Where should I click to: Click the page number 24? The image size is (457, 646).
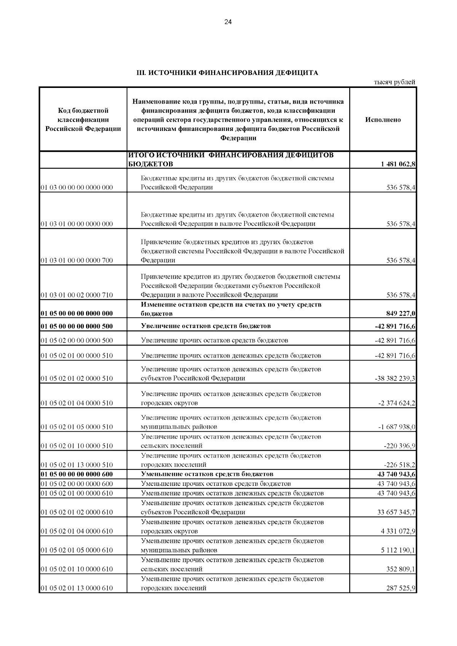tap(228, 22)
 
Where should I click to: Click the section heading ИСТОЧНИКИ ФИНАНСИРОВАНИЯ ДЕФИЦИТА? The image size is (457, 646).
tap(227, 73)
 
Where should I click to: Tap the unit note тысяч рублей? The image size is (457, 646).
tap(394, 82)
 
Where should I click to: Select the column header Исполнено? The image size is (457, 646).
tap(383, 120)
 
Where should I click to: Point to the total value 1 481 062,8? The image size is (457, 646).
tap(398, 164)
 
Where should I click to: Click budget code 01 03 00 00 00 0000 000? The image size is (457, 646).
tap(77, 187)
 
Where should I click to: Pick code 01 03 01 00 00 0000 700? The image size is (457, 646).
tap(77, 260)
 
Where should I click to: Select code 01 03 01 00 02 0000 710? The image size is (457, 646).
tap(77, 295)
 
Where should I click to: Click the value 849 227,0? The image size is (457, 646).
tap(400, 314)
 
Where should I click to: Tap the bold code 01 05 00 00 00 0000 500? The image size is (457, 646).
tap(77, 326)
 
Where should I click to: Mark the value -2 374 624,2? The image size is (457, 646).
tap(396, 403)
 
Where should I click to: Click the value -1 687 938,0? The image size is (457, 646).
tap(396, 427)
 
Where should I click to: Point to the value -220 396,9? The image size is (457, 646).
tap(399, 446)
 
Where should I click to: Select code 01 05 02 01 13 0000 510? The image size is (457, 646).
tap(77, 465)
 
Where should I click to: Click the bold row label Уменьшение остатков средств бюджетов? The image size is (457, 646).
tap(207, 474)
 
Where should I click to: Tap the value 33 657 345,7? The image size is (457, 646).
tap(396, 512)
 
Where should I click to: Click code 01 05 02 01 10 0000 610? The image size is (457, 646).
tap(77, 569)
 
